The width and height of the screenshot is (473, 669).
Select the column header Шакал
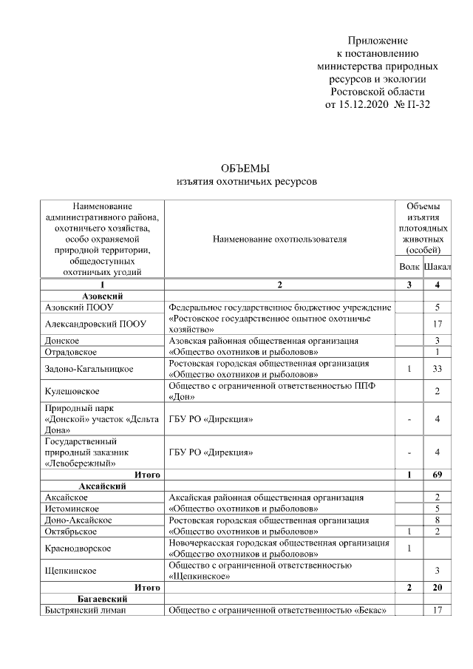[x=438, y=266]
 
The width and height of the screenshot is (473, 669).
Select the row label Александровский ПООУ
[x=95, y=323]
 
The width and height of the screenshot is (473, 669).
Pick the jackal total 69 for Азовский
[x=438, y=475]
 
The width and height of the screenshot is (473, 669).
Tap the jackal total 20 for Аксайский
[x=438, y=587]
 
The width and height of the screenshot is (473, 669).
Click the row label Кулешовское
[x=72, y=390]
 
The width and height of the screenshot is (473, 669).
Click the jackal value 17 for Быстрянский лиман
[x=438, y=610]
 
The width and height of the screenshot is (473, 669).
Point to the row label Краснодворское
[x=78, y=548]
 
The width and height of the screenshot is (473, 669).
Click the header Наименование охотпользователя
[x=279, y=240]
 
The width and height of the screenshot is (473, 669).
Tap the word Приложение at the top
[x=378, y=40]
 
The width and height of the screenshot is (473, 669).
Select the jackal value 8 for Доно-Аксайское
[x=438, y=520]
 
